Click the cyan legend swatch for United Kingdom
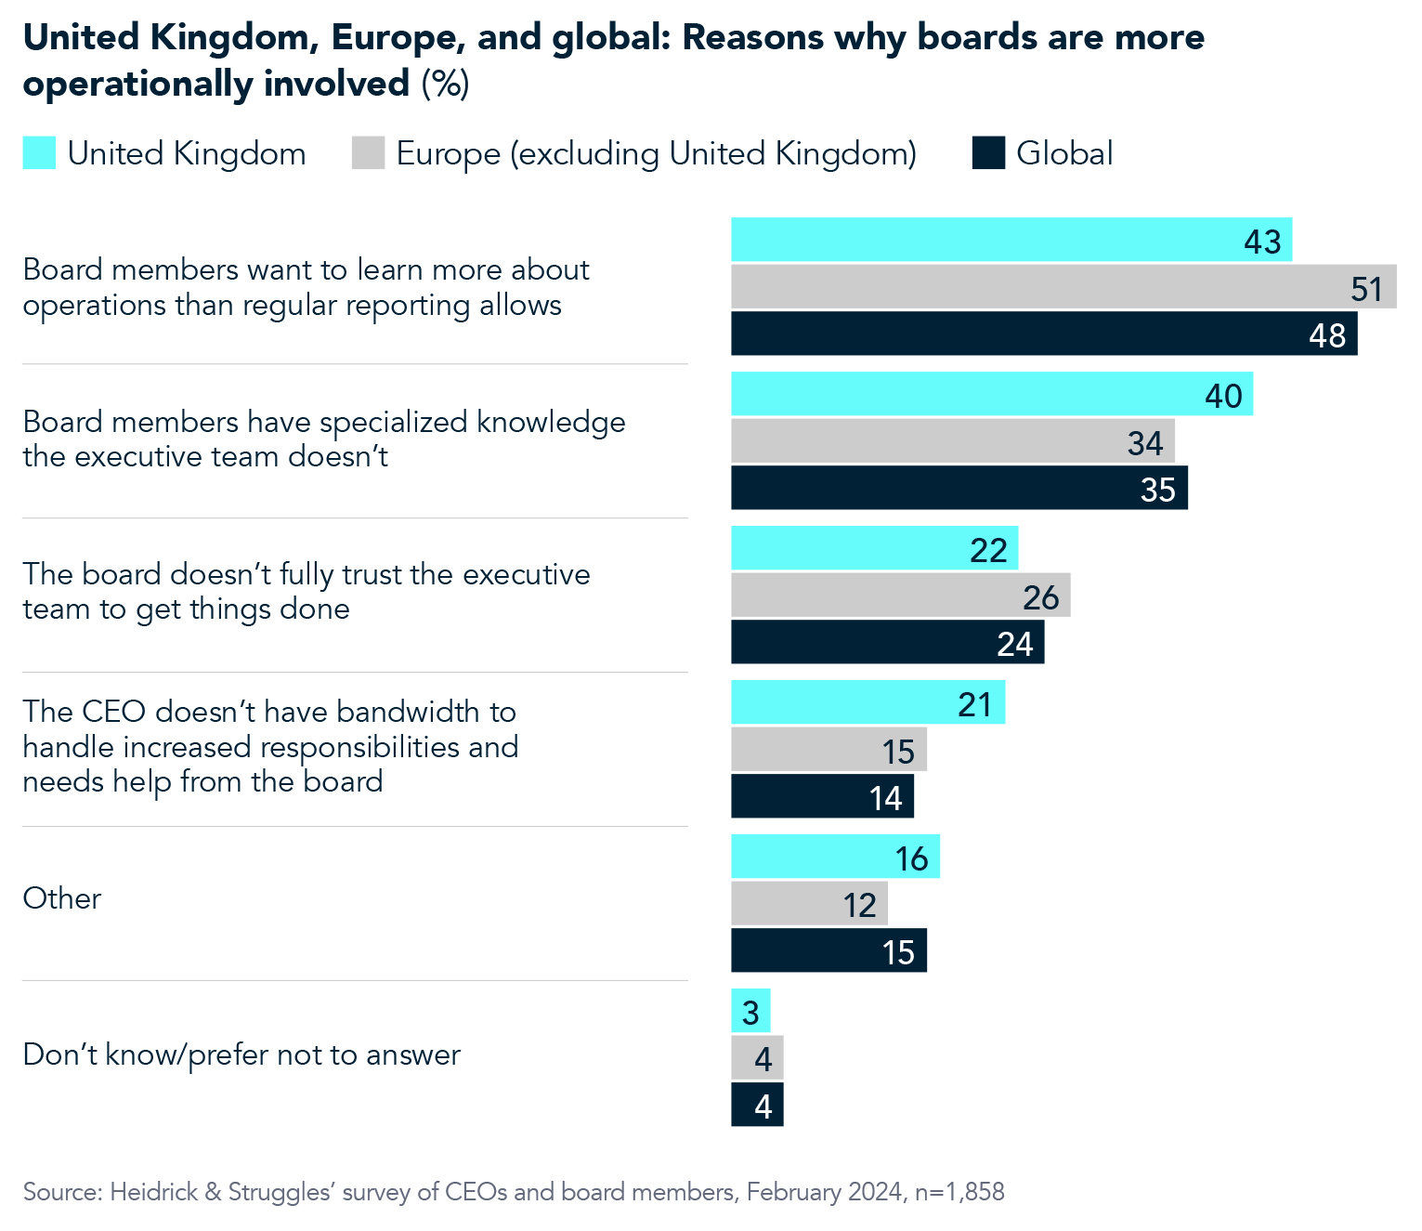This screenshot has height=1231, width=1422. (x=39, y=153)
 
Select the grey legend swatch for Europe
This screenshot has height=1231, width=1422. (x=368, y=153)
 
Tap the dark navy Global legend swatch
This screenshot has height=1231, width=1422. (x=988, y=153)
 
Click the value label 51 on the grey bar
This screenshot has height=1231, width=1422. (x=1366, y=289)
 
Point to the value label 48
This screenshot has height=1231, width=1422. (x=1326, y=335)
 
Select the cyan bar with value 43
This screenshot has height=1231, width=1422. (x=1011, y=240)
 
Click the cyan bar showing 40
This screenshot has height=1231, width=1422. (x=991, y=394)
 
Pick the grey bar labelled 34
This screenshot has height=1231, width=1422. (x=952, y=440)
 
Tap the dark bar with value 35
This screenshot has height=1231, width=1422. (x=959, y=488)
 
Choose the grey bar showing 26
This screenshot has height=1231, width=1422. (x=900, y=595)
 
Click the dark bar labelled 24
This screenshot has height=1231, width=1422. (x=887, y=642)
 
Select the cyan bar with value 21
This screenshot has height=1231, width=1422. (x=868, y=702)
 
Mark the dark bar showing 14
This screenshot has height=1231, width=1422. (x=822, y=796)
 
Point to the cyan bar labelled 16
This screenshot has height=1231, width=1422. (x=835, y=857)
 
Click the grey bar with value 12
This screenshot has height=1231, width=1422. (x=809, y=903)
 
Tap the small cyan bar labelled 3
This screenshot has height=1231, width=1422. (x=750, y=1011)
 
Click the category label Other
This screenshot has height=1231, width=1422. (x=61, y=898)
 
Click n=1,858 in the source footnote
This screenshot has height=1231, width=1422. (x=959, y=1192)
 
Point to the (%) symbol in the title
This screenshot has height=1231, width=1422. (x=446, y=84)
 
